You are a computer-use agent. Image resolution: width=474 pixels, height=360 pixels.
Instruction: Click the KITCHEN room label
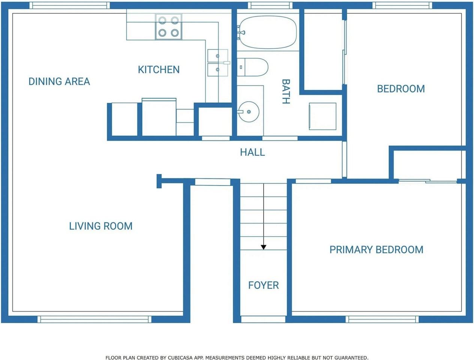click(x=159, y=70)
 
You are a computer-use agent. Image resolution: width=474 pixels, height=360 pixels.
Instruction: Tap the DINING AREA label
click(x=59, y=82)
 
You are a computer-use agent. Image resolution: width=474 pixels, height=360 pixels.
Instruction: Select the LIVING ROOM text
click(x=100, y=226)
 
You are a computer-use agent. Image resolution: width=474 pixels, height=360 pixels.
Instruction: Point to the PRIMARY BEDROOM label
click(x=376, y=250)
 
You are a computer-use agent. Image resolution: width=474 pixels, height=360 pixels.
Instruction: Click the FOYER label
click(x=264, y=285)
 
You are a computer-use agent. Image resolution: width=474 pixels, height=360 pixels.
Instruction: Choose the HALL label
click(x=252, y=152)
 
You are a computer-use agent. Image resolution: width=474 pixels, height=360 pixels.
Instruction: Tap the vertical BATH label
click(x=286, y=91)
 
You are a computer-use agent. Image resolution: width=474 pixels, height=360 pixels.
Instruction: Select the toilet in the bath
click(x=252, y=67)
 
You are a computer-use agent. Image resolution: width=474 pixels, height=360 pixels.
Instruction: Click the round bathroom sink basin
click(x=249, y=112)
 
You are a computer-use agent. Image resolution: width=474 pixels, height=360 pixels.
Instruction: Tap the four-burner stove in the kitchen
click(x=168, y=27)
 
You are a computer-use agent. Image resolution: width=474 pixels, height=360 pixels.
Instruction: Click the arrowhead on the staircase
click(x=264, y=247)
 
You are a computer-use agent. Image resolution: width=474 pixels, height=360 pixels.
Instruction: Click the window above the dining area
click(x=69, y=5)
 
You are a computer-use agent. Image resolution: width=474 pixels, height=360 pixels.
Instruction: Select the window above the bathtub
click(x=270, y=5)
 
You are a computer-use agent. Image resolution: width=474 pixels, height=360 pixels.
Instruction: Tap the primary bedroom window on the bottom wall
click(x=382, y=319)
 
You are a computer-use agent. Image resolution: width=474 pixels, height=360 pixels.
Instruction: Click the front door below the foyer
click(x=263, y=319)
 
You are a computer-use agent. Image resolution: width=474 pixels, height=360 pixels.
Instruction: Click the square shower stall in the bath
click(x=322, y=116)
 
